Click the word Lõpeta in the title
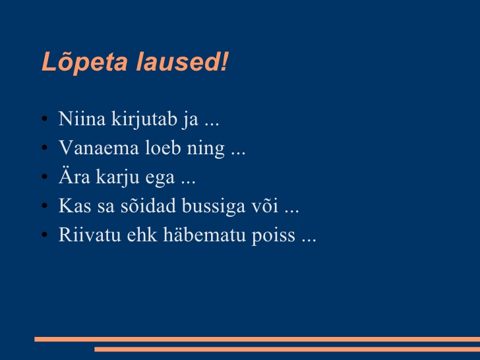click(x=84, y=62)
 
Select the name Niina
click(x=82, y=119)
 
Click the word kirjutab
click(x=144, y=119)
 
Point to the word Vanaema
click(x=99, y=148)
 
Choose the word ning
click(x=206, y=148)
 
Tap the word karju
click(x=118, y=177)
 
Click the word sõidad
click(x=148, y=206)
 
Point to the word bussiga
click(x=214, y=206)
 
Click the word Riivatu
click(x=90, y=235)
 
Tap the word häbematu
click(x=204, y=235)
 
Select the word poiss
click(x=274, y=235)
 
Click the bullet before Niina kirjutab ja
click(x=44, y=119)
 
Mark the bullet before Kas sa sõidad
click(x=44, y=206)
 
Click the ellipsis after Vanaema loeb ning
click(x=238, y=154)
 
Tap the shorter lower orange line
click(x=287, y=349)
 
